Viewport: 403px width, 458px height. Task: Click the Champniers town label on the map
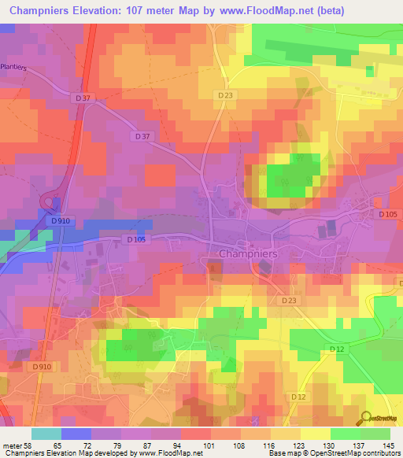click(247, 254)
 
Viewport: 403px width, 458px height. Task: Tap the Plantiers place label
click(14, 68)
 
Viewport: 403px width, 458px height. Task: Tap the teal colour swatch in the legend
click(46, 434)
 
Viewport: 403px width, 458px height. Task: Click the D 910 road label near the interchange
click(62, 221)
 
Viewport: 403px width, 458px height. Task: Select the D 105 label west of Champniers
click(136, 240)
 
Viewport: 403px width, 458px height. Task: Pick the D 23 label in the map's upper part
click(226, 95)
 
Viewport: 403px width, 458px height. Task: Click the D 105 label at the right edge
click(387, 214)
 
